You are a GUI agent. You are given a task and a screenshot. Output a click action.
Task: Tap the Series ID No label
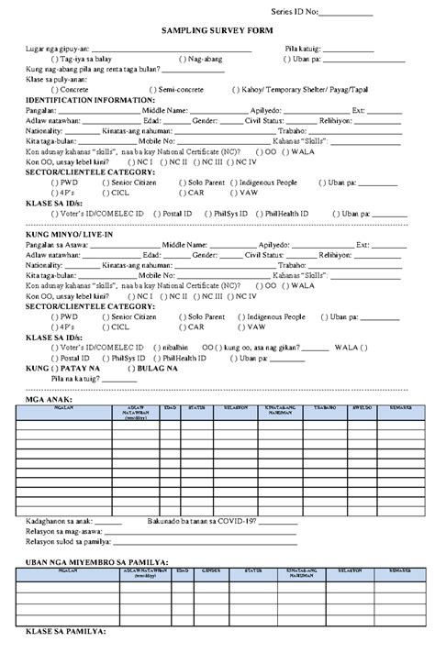pos(300,12)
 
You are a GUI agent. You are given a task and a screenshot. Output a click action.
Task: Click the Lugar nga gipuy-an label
pos(58,49)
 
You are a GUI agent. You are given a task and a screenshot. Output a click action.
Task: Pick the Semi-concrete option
pos(151,90)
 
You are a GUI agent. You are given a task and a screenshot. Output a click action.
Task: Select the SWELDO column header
pos(361,406)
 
